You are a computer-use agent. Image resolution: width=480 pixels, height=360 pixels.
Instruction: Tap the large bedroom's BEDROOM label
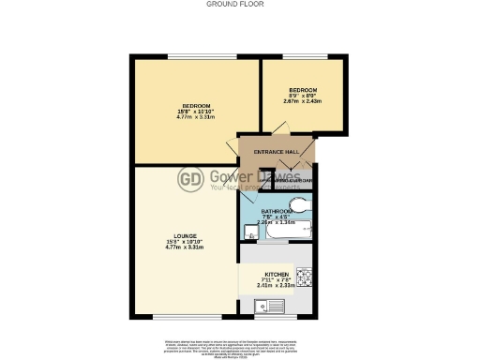tap(195, 105)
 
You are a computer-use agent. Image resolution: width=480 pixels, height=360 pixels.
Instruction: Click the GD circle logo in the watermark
tap(191, 179)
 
